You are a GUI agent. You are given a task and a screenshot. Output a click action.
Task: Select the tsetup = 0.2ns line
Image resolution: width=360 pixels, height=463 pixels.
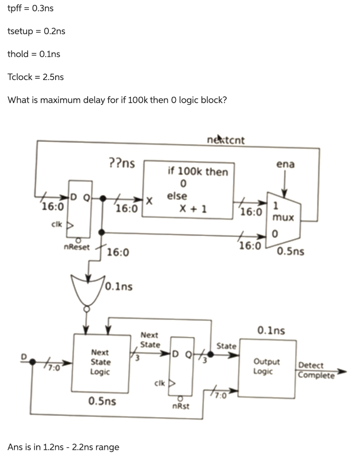(x=36, y=31)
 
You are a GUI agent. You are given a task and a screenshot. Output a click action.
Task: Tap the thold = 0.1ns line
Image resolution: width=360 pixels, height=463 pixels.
(x=33, y=54)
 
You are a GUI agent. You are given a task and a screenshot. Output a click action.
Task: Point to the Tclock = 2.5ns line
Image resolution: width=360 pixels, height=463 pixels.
(x=36, y=76)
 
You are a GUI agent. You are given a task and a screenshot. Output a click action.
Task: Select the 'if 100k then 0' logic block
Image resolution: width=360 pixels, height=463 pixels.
(x=189, y=190)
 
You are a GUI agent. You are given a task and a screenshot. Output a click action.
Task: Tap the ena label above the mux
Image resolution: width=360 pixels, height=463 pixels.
(x=285, y=164)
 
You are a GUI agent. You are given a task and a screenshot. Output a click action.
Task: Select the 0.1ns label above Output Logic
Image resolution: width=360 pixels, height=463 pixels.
(x=271, y=331)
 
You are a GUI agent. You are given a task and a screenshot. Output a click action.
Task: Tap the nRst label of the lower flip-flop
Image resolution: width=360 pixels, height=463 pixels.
(x=181, y=406)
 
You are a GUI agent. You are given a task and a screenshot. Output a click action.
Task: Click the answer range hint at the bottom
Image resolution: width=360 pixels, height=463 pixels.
(x=63, y=447)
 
